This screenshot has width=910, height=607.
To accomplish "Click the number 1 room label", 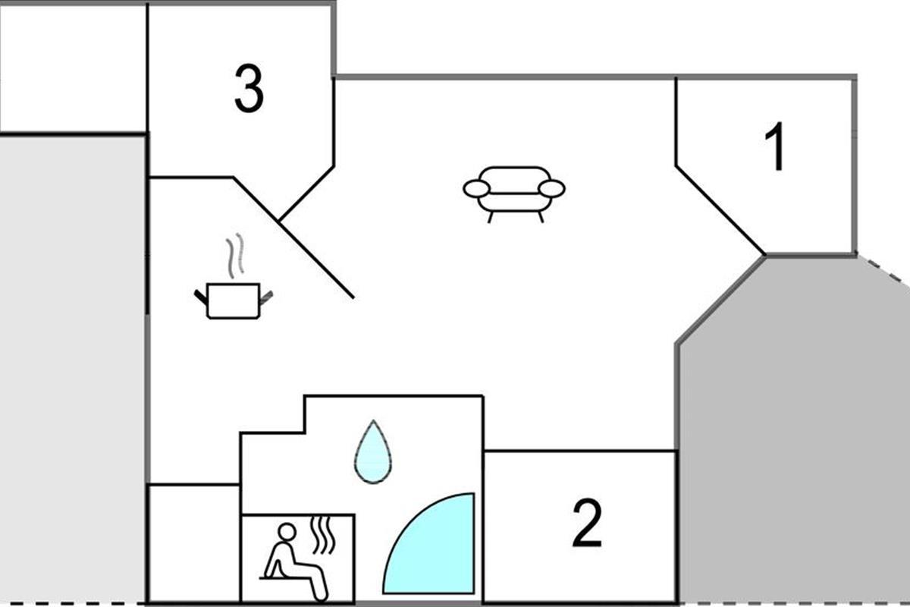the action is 775,146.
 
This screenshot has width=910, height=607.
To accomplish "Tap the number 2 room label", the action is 587,523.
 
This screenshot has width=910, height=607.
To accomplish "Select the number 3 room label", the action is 249,88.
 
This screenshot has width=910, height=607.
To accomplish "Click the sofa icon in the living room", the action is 514,194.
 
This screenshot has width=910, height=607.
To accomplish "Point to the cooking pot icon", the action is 234,301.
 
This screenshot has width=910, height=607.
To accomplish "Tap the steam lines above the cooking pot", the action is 235,256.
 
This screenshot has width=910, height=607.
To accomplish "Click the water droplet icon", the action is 373,452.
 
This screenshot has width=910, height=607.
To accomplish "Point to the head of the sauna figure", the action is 287,532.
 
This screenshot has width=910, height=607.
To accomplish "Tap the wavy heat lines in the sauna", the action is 323,535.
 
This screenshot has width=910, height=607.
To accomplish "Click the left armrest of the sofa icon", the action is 476,189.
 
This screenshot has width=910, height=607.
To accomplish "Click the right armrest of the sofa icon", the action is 552,189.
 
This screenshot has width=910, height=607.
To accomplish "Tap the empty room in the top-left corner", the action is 73,68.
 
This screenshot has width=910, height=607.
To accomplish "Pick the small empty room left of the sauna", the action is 195,543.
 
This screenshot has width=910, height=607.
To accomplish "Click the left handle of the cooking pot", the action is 201,297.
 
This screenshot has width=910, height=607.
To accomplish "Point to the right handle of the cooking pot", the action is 265,298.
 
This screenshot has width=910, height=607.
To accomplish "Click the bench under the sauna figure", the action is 284,577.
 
